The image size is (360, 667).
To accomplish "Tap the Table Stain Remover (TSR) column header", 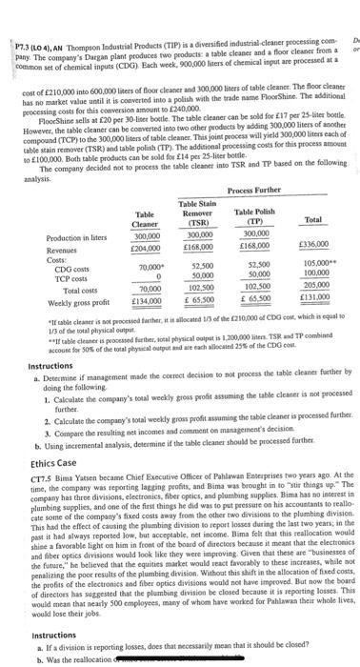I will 201,211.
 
